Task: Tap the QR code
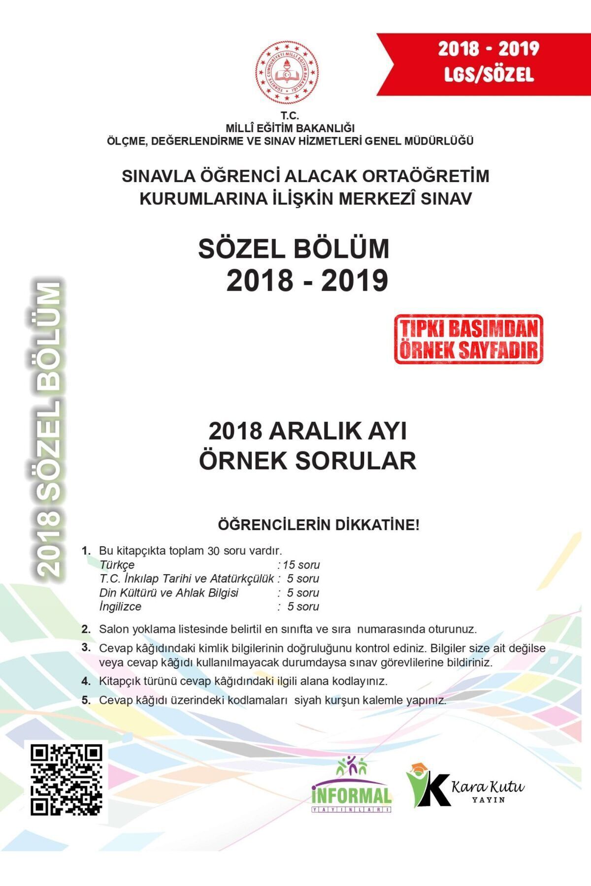tap(66, 779)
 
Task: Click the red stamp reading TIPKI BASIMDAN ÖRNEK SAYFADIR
tap(468, 339)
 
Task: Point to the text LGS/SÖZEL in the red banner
tap(489, 75)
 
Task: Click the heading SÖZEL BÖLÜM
tap(294, 249)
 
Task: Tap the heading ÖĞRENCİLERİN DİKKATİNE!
tap(319, 525)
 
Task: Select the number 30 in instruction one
tap(213, 551)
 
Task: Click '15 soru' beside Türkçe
tap(301, 565)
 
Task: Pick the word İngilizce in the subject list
tap(120, 606)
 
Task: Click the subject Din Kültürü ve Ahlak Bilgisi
tap(168, 593)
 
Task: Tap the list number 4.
tap(86, 681)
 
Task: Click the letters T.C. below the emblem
tap(290, 116)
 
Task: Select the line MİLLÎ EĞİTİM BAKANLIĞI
tap(290, 128)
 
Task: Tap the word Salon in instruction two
tap(113, 629)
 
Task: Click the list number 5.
tap(86, 700)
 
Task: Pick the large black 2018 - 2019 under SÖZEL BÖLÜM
tap(307, 281)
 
